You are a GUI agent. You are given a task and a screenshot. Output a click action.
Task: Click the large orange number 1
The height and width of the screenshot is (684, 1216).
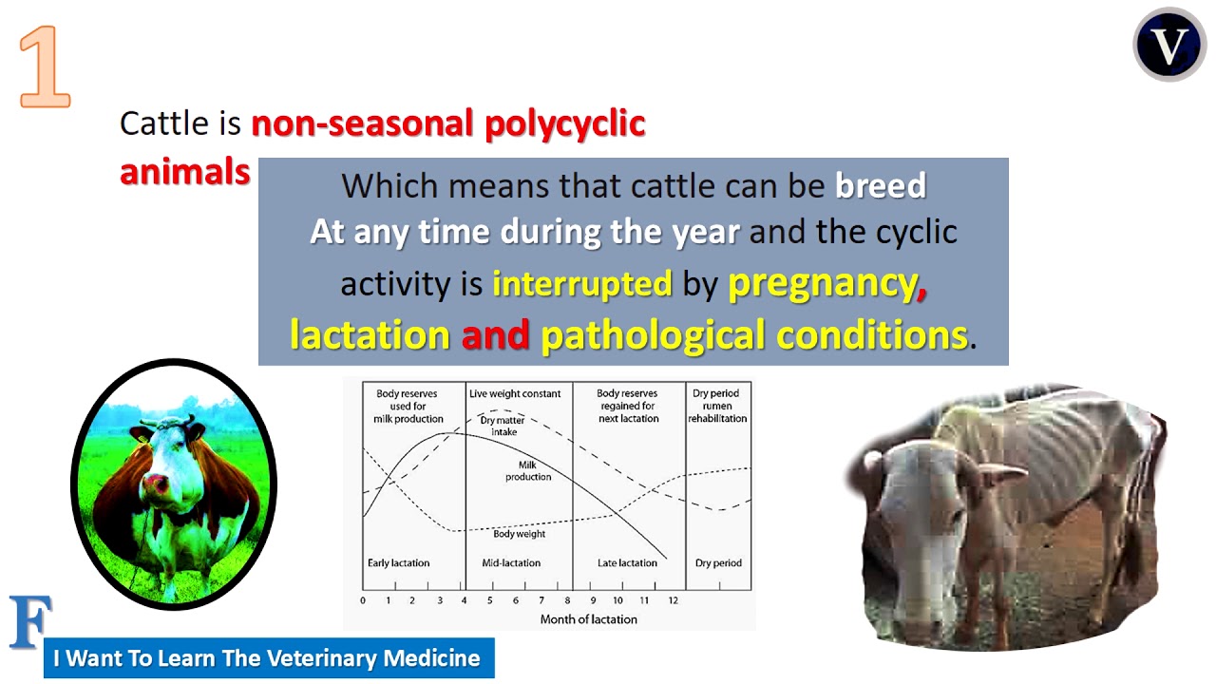click(45, 66)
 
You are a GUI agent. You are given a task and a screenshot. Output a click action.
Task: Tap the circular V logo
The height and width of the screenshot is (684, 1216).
click(1168, 45)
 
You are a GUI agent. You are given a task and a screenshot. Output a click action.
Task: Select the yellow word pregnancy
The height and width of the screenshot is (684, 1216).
click(822, 283)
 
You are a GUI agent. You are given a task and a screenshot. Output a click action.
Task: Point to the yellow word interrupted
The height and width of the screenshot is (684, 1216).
click(581, 283)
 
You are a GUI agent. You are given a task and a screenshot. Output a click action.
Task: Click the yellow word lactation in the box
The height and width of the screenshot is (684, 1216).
click(370, 334)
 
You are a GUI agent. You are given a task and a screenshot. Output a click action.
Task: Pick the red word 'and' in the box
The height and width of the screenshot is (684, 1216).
click(495, 334)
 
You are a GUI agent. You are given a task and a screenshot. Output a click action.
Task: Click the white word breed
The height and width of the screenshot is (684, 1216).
click(880, 185)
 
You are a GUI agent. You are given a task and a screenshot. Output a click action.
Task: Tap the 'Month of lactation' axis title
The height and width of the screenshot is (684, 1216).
click(588, 619)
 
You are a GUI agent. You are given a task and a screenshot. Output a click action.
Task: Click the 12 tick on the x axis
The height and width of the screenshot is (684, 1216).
click(673, 600)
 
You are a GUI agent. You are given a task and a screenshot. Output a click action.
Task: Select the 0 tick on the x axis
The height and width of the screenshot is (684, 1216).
click(363, 600)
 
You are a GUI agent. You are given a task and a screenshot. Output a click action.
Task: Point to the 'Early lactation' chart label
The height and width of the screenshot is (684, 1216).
click(398, 563)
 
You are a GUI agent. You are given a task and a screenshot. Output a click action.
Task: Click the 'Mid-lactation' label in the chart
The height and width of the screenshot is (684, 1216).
click(511, 563)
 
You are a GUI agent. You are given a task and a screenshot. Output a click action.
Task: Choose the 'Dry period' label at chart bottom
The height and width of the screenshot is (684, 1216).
click(718, 563)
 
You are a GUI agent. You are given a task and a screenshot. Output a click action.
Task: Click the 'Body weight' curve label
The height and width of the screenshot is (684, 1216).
click(519, 534)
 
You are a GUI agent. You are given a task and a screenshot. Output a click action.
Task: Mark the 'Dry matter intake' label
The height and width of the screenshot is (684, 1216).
click(503, 426)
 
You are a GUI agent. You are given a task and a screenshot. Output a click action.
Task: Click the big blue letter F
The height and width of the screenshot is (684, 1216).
click(29, 622)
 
